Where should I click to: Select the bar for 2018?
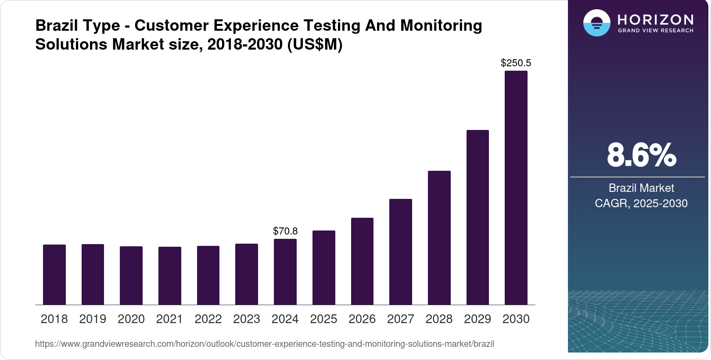tap(54, 274)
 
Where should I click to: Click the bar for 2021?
tap(170, 276)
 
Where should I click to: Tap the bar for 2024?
tap(285, 272)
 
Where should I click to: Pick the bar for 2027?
tap(400, 252)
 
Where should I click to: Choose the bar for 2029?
tap(478, 217)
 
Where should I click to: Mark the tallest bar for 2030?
tap(516, 187)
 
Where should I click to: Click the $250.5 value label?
tap(516, 63)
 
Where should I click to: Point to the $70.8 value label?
tap(285, 231)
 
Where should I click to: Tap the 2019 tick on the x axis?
tap(93, 319)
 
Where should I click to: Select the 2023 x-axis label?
tap(247, 319)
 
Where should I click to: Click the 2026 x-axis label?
tap(362, 319)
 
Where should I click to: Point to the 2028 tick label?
tap(439, 319)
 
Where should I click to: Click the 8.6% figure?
tap(641, 155)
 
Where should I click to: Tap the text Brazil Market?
tap(641, 188)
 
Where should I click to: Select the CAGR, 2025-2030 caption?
tap(641, 203)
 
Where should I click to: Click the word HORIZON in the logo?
tap(655, 20)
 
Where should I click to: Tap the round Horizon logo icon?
tap(596, 23)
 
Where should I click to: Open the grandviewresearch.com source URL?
tap(264, 344)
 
